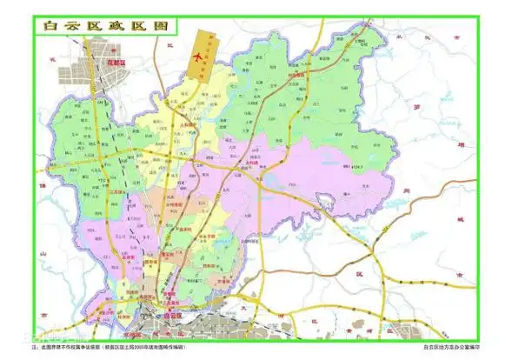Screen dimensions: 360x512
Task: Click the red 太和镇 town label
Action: (252, 157)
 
